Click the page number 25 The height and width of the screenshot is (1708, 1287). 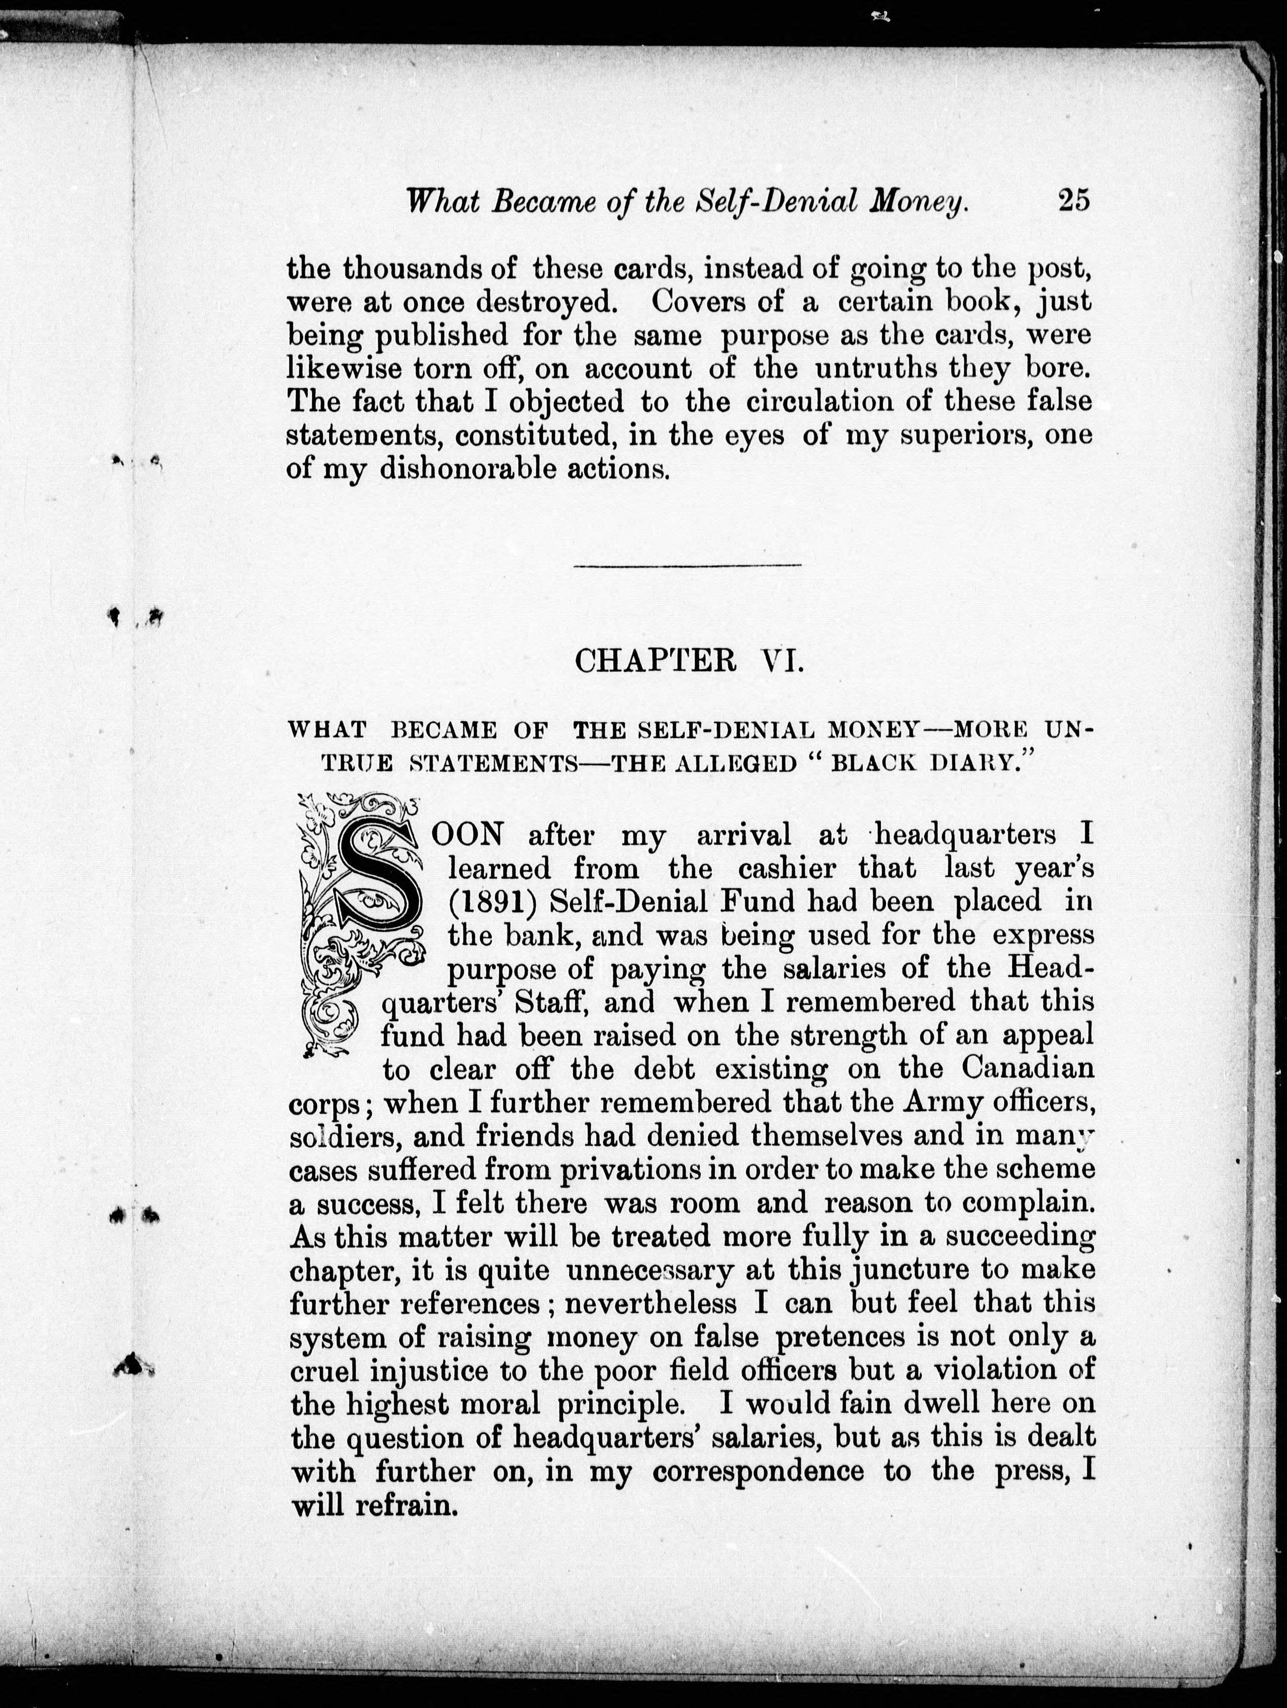(1073, 201)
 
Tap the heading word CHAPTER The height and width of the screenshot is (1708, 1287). (656, 662)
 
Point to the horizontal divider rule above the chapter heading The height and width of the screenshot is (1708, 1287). (687, 566)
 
